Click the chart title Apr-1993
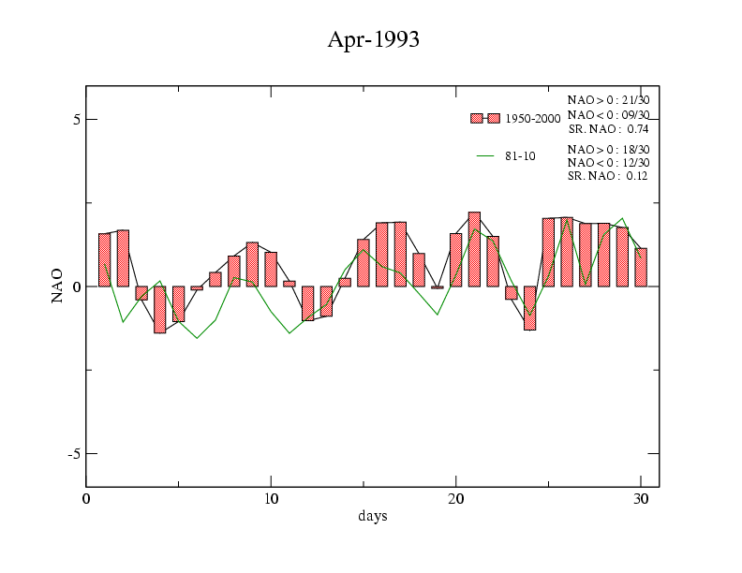click(372, 39)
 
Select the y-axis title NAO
click(58, 286)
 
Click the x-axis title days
click(372, 516)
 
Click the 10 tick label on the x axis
click(271, 499)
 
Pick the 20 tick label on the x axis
click(455, 499)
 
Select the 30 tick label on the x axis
click(640, 499)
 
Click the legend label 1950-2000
click(532, 119)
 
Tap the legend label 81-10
click(520, 156)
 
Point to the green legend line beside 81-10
click(485, 155)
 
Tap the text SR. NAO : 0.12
click(608, 176)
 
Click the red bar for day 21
click(474, 249)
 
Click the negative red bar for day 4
click(160, 309)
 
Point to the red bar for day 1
click(105, 259)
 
